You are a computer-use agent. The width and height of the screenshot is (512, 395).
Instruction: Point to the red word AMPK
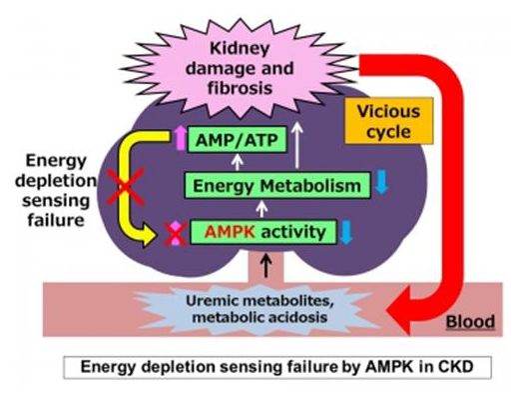coord(228,233)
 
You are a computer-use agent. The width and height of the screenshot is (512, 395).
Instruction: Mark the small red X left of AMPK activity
coord(177,234)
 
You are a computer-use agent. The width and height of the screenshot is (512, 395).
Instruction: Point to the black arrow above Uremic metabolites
coord(263,266)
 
